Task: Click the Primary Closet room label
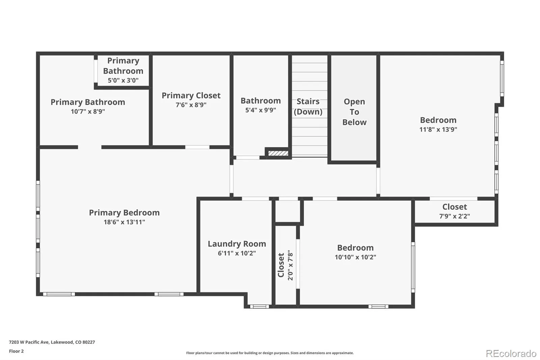191,96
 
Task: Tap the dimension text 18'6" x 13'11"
124,222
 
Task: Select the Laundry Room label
237,244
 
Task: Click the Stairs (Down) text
308,106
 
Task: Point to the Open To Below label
354,112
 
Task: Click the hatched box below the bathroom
278,153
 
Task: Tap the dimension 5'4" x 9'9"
261,110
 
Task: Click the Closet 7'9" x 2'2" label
454,211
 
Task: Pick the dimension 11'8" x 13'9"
438,129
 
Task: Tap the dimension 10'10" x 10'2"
355,257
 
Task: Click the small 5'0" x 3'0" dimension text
123,80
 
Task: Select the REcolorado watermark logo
511,353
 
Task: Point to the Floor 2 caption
16,351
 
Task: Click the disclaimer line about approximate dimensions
270,353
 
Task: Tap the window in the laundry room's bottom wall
259,307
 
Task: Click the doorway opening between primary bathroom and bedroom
89,147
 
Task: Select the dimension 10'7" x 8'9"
88,111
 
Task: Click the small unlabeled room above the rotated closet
288,211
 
